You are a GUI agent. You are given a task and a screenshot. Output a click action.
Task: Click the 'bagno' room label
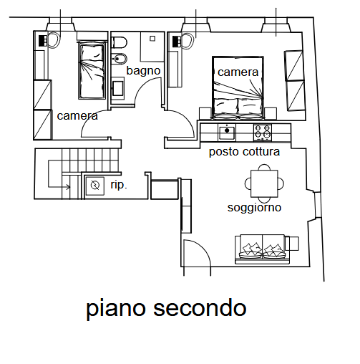143,71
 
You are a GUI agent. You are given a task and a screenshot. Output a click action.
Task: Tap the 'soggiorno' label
254,208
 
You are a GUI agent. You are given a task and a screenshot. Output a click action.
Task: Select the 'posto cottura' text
244,152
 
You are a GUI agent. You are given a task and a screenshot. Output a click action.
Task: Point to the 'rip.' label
119,185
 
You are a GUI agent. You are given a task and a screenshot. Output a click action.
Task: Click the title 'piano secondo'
166,308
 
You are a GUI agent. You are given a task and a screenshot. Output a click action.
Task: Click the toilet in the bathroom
120,42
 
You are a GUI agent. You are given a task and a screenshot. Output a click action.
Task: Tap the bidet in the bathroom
120,59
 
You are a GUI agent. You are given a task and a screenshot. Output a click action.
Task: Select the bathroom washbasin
118,89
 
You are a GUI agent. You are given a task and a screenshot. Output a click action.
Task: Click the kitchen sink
227,133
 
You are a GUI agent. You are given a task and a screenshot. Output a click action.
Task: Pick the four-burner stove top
263,133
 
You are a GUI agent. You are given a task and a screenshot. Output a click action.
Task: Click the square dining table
264,183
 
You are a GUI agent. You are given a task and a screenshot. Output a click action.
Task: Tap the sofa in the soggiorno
263,249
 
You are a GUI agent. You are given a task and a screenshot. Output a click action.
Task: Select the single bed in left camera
92,70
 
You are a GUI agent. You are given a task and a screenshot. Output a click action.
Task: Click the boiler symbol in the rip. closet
95,186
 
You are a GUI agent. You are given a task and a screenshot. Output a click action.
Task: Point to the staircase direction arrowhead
69,187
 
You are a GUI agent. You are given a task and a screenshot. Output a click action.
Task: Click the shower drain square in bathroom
152,39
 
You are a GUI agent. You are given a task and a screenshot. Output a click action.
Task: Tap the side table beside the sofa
292,243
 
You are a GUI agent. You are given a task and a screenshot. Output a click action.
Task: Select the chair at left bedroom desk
54,41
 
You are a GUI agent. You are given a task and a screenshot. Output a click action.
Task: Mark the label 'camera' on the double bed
238,72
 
